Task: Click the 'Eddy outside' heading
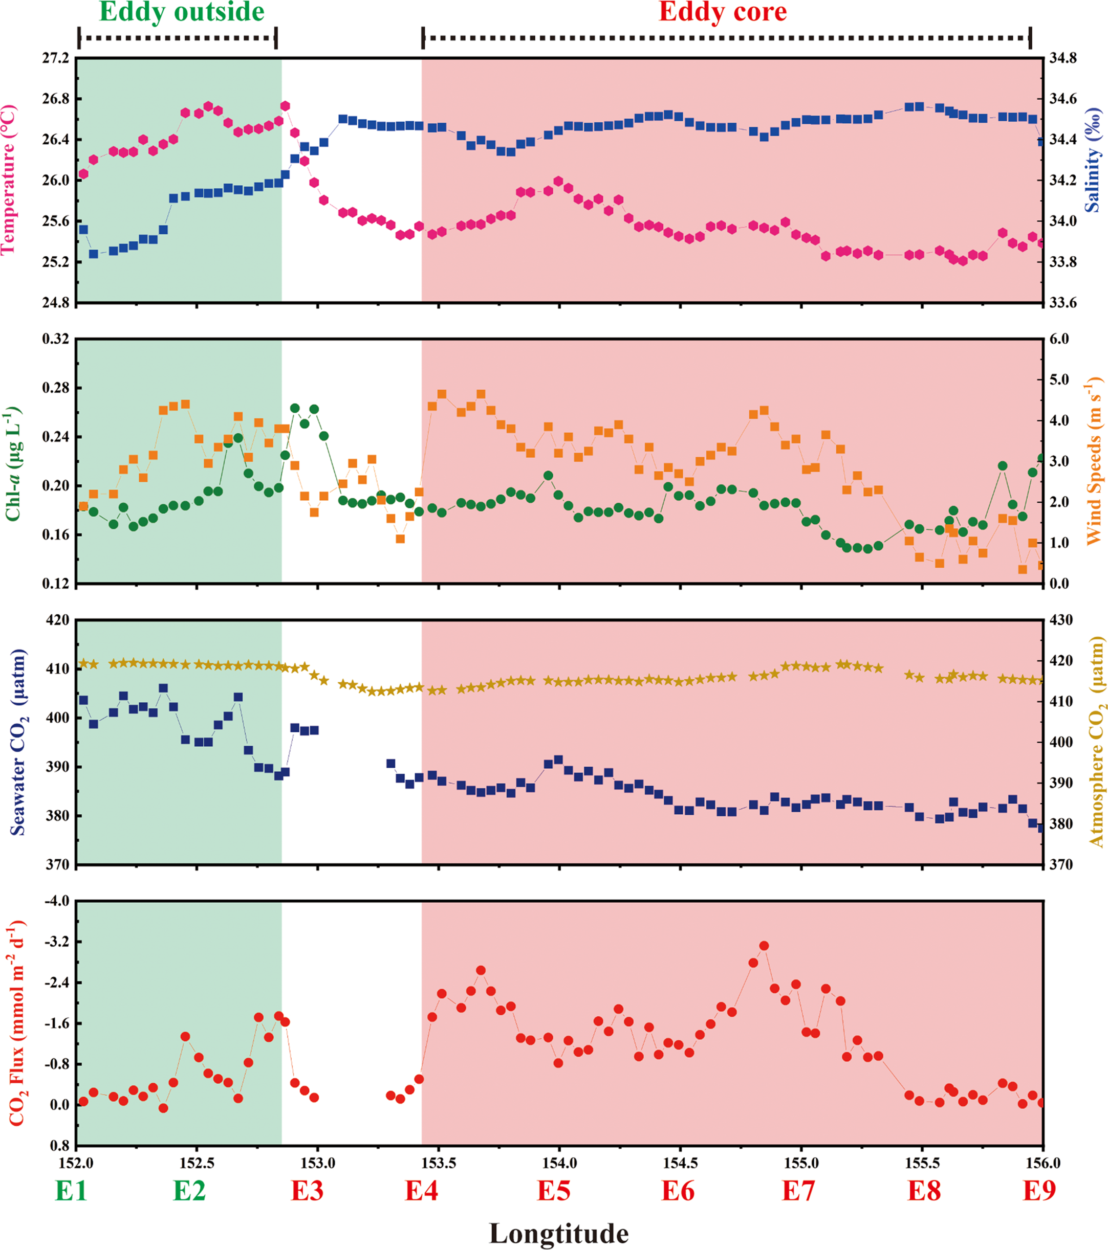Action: [182, 12]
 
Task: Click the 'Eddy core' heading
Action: [723, 12]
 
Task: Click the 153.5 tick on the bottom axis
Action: [438, 1162]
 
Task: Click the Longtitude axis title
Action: [558, 1232]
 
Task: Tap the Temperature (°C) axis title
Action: [9, 180]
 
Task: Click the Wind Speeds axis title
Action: [1093, 461]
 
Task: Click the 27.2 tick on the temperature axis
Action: [56, 58]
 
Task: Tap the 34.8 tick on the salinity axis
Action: [1063, 58]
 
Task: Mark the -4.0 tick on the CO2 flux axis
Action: [57, 901]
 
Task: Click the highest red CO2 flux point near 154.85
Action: [764, 946]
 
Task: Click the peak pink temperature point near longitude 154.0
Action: [558, 181]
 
